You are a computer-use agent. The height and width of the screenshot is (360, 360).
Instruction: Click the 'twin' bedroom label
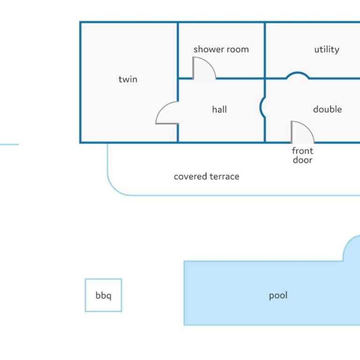(128, 79)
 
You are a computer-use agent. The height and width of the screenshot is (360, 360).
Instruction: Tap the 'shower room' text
(221, 49)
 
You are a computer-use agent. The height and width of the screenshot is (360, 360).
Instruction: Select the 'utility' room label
(326, 50)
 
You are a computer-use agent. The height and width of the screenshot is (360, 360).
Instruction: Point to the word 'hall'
(219, 109)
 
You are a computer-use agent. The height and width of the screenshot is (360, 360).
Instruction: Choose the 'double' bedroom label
(327, 109)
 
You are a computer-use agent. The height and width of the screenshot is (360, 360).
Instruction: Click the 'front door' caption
(302, 156)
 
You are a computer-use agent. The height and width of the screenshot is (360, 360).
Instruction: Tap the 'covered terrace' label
(206, 177)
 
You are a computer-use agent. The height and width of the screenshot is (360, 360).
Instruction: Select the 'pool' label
(278, 295)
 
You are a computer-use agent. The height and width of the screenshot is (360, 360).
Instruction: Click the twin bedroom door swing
(161, 107)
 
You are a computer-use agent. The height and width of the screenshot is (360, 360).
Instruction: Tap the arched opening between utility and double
(298, 73)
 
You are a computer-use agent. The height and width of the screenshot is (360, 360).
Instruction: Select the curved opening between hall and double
(261, 107)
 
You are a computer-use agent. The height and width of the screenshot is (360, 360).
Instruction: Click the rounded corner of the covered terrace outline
(114, 189)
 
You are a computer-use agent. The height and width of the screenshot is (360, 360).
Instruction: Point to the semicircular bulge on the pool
(347, 243)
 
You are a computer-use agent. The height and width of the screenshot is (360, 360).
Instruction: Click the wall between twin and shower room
(178, 50)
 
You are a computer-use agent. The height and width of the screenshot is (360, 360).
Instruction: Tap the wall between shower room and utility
(265, 50)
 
